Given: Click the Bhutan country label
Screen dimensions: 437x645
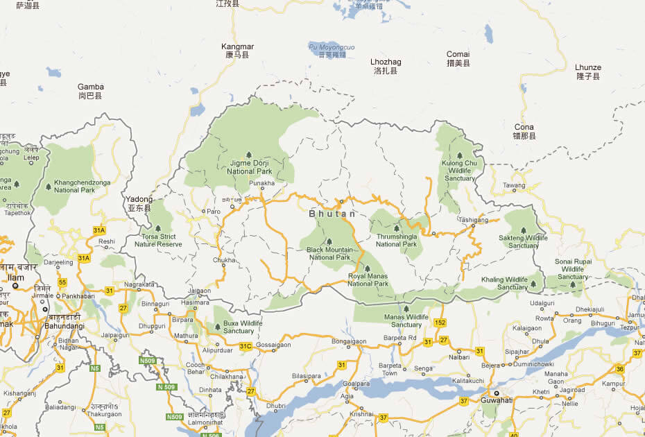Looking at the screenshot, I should click(x=332, y=214).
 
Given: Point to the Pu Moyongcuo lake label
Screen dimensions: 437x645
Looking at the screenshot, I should click(x=331, y=47).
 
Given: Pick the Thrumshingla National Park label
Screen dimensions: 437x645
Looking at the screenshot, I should click(x=396, y=240).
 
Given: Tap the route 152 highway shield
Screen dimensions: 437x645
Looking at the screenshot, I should click(x=439, y=323).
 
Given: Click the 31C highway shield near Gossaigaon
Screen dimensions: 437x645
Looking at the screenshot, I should click(x=245, y=346).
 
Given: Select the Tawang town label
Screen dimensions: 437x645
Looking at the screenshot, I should click(x=514, y=185).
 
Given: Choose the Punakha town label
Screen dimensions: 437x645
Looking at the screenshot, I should click(x=261, y=184).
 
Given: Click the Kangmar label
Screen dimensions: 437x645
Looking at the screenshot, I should click(x=237, y=46).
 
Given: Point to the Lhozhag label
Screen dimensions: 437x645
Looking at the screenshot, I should click(x=386, y=62).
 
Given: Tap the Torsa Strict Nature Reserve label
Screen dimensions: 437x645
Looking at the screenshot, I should click(x=158, y=241).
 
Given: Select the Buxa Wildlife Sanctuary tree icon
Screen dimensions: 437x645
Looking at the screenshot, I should click(x=218, y=326).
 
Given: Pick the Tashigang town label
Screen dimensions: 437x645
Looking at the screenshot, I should click(x=474, y=220).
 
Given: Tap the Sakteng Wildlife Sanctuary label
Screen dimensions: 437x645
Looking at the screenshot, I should click(x=523, y=241).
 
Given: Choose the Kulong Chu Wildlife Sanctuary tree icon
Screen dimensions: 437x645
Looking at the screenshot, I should click(x=458, y=156).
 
